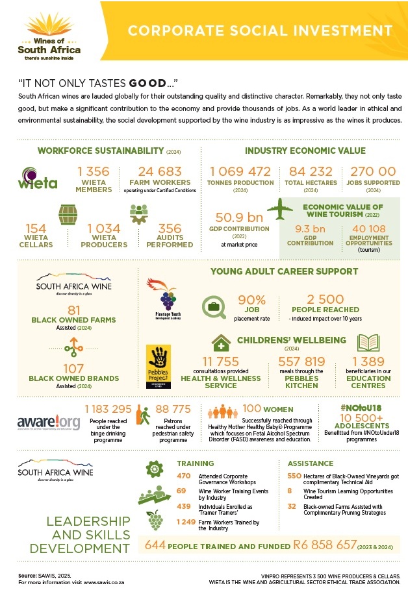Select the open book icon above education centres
pos(368,343)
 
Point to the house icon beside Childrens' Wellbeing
pos(222,343)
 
